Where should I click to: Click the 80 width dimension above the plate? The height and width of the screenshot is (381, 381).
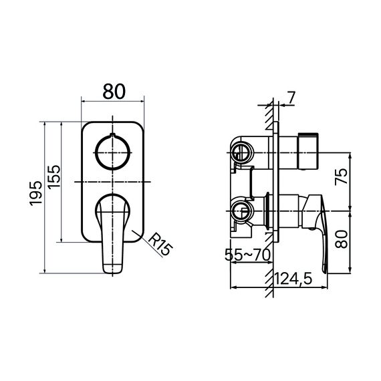pos(114,92)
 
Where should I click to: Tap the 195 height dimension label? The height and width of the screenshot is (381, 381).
pos(35,193)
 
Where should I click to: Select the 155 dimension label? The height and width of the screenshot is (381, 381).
pos(53,176)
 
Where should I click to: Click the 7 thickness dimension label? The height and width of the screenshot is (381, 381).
pos(291,98)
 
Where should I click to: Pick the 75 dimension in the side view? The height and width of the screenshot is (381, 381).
pos(341,176)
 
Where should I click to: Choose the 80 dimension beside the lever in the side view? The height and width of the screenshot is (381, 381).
pos(341,239)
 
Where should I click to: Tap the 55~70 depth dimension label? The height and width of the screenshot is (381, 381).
pos(247,255)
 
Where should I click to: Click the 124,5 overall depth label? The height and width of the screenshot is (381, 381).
pos(293,279)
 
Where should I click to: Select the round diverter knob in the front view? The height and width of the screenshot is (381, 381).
pos(112,152)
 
